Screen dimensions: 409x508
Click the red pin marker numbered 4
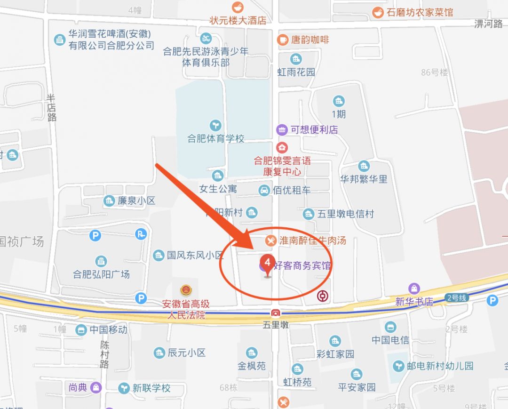click(x=268, y=264)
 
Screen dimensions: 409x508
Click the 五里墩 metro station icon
click(x=275, y=313)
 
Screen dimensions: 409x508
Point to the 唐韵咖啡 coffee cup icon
click(x=282, y=40)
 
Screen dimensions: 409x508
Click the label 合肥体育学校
click(x=216, y=139)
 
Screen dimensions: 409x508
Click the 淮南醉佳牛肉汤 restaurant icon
click(x=270, y=241)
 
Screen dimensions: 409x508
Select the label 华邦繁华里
click(x=364, y=179)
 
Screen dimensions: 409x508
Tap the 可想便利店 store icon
click(x=281, y=129)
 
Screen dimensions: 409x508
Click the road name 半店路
click(x=51, y=107)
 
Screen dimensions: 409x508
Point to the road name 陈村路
click(x=104, y=354)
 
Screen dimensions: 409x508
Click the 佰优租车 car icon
click(x=264, y=190)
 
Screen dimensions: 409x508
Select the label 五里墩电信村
click(x=346, y=214)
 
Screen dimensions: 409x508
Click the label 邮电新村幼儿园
click(x=440, y=366)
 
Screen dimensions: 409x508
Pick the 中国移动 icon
click(x=81, y=329)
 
